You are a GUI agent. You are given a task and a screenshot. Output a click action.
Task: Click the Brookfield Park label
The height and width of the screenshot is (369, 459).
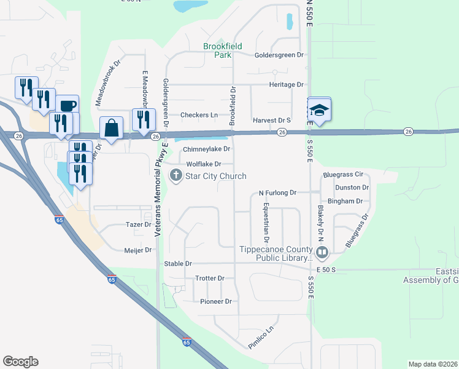[x=223, y=50]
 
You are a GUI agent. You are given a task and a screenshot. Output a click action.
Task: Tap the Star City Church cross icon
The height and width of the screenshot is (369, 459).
[x=175, y=176]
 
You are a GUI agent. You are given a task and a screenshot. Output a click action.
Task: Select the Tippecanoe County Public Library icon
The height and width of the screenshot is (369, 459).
[x=322, y=252]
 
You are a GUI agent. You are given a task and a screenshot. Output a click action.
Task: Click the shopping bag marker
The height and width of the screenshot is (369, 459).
[x=111, y=129]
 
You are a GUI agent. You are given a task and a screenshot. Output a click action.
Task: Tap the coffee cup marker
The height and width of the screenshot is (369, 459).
[x=67, y=105]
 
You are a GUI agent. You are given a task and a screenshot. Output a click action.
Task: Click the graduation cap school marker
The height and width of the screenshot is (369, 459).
[x=318, y=111]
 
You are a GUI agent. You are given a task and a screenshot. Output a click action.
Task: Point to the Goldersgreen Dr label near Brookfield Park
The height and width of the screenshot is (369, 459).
[x=279, y=55]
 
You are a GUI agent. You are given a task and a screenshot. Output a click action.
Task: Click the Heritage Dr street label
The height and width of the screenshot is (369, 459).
[x=286, y=84]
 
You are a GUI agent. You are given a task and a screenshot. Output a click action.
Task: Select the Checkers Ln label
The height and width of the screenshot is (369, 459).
[x=199, y=115]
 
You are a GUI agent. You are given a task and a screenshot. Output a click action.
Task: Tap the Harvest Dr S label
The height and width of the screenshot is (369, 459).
[x=271, y=121]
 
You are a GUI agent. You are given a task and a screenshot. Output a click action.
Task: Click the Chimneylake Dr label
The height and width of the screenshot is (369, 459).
[x=206, y=149]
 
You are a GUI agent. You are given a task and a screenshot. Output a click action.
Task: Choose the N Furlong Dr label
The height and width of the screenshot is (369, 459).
[x=277, y=193]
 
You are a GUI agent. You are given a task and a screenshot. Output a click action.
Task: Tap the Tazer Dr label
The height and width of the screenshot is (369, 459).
[x=138, y=225]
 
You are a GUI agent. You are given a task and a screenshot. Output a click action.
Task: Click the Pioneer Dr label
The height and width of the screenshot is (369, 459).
[x=216, y=301]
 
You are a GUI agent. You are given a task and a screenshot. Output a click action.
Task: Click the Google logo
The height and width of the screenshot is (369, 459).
[x=20, y=362]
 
